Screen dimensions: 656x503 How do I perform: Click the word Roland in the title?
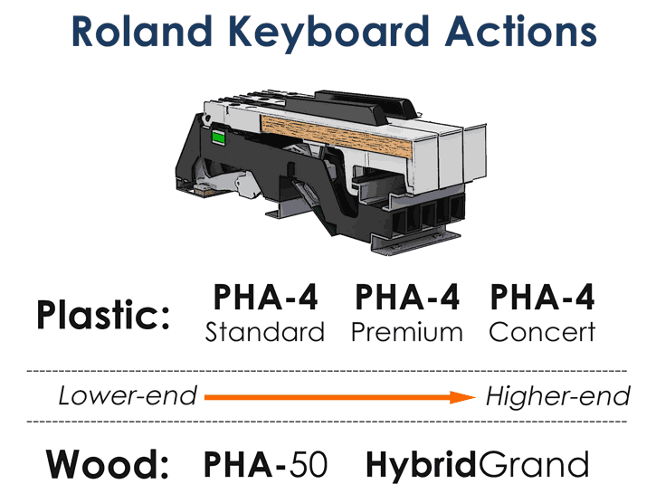coord(142,32)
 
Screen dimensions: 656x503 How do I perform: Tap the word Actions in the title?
coord(520,32)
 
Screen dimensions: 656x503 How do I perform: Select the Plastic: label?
coord(103,315)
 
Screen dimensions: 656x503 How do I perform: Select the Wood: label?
coord(107,464)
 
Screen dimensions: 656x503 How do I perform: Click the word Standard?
coord(265,332)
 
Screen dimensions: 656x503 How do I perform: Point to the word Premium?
coord(407,332)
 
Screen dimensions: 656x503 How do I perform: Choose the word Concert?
coord(542,332)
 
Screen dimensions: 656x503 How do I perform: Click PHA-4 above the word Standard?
coord(266,297)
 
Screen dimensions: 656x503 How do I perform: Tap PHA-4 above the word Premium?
coord(407,297)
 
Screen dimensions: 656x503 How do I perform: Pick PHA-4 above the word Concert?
coord(542,297)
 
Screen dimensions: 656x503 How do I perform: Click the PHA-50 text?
coord(265,464)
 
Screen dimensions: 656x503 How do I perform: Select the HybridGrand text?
coord(478,464)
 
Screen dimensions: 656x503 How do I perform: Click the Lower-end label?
coord(128,395)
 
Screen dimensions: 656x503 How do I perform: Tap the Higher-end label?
coord(557,395)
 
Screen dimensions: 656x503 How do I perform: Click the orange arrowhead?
coord(462,397)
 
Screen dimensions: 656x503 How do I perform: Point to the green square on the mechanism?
coord(218,137)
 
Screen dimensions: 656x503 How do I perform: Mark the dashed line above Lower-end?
coord(327,371)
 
